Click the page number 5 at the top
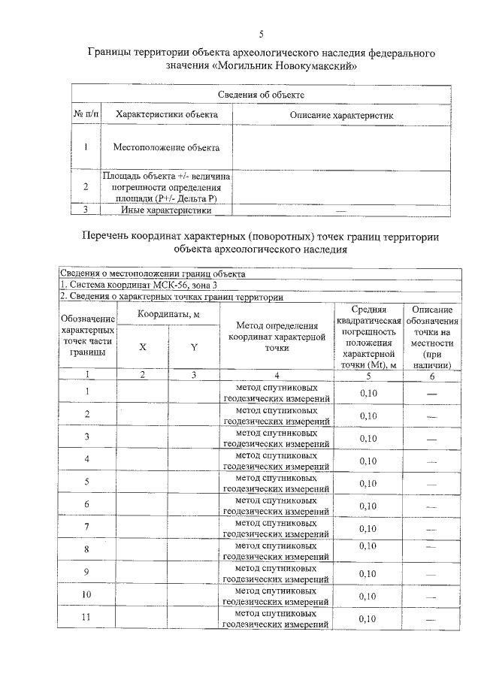(261, 34)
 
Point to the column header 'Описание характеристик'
(341, 115)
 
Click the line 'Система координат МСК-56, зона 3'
(140, 286)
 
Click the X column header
(142, 347)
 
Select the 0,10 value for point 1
(368, 393)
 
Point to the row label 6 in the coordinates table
(87, 504)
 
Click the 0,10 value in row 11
(368, 618)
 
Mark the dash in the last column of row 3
(431, 438)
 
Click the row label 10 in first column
(87, 594)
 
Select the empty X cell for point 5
(142, 482)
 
